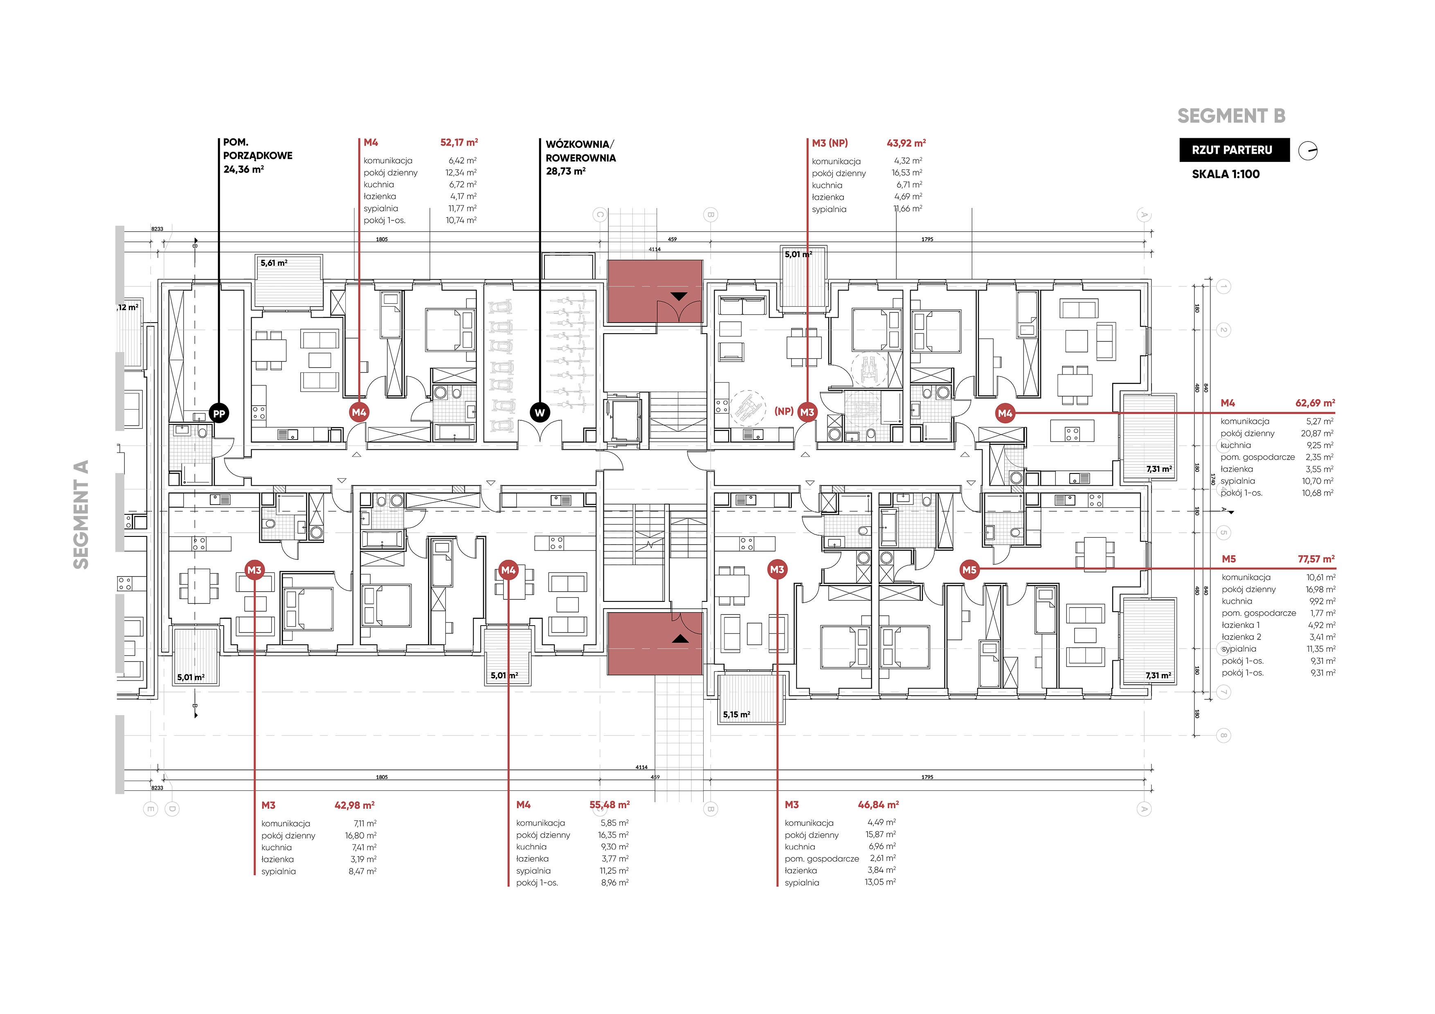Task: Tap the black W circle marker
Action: tap(540, 413)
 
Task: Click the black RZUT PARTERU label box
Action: tap(1235, 150)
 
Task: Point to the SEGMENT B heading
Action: tap(1231, 116)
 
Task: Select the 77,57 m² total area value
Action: tap(1316, 559)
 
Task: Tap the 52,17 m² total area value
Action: tap(459, 142)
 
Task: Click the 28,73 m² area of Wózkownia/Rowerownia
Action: tap(566, 171)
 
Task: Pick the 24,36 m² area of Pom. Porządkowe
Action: tap(244, 169)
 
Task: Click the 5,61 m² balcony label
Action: tap(274, 263)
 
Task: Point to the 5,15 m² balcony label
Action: tap(737, 714)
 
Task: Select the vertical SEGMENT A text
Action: tap(81, 514)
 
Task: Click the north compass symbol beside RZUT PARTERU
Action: tap(1308, 151)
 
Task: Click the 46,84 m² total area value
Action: tap(878, 805)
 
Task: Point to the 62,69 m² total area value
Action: tap(1315, 403)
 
